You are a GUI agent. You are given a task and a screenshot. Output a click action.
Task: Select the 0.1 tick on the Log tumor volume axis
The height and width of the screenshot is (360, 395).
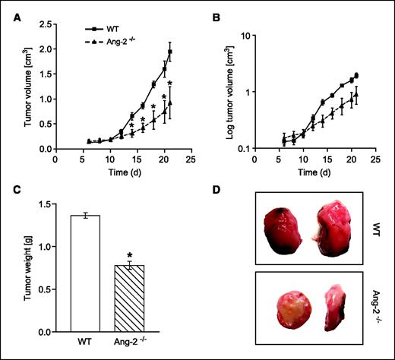click(x=242, y=148)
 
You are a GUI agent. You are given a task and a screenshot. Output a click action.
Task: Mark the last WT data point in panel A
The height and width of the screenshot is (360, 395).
click(x=170, y=52)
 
